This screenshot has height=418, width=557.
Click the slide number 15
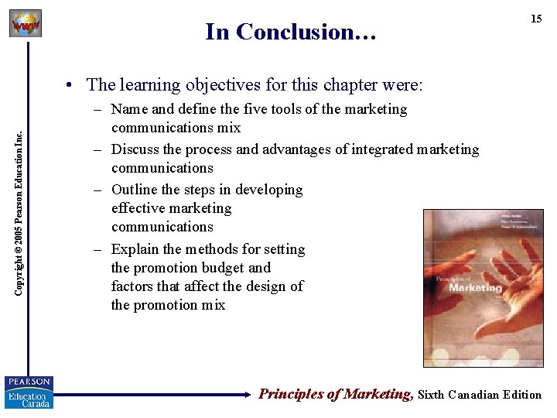pos(535,19)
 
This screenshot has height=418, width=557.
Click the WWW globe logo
pos(26,24)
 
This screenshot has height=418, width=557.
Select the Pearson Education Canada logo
pos(29,392)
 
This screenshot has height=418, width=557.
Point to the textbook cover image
pos(483,287)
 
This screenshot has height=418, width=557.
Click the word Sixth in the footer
pos(432,395)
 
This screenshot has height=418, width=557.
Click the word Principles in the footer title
pos(290,394)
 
